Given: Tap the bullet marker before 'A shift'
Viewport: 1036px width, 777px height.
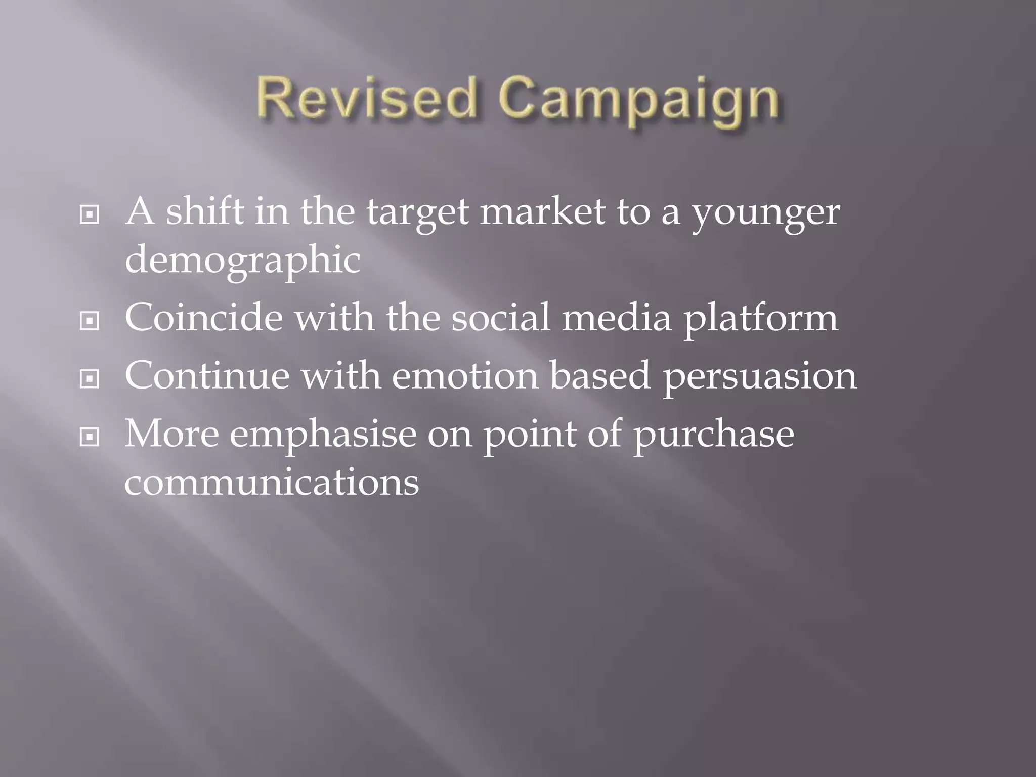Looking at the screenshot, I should click(90, 215).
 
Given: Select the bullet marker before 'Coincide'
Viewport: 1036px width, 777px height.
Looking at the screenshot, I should click(90, 321).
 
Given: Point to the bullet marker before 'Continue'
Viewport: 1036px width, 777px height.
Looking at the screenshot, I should click(90, 379).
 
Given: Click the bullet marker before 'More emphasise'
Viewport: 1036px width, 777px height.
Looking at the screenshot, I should click(90, 437).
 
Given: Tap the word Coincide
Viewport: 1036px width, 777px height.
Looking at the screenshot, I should click(203, 318).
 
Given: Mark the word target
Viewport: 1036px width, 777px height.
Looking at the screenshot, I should click(417, 214).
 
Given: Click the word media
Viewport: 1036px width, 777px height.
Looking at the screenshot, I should click(617, 318).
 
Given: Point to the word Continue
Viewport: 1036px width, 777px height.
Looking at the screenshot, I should click(207, 376).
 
